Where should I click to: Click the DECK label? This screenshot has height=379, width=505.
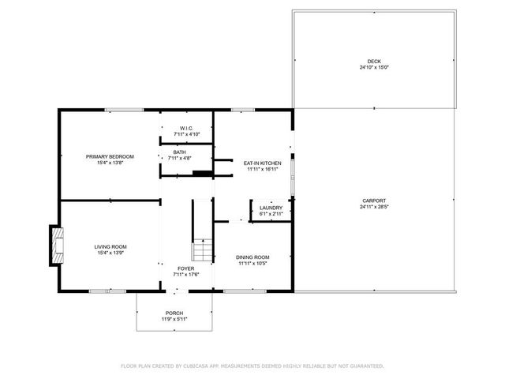pos(373,62)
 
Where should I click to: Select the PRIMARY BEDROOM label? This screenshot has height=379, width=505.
pos(110,156)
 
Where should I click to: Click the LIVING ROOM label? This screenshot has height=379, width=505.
pos(110,246)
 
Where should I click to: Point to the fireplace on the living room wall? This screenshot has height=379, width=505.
pos(56,244)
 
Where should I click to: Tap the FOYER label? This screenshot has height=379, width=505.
pos(186,268)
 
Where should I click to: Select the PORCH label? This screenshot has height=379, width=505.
pos(174,313)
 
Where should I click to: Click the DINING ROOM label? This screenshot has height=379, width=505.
pos(253,257)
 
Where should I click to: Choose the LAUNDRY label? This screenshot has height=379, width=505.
pos(271,208)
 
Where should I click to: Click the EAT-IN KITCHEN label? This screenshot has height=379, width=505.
pos(262,163)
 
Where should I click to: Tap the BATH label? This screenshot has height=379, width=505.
pos(180,152)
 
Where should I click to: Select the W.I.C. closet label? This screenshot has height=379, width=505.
pos(186,128)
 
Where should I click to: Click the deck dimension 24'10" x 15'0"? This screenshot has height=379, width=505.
pos(373,67)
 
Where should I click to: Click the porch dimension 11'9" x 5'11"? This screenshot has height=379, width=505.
pos(174,319)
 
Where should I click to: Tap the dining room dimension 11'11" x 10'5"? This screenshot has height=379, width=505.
pos(253,263)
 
